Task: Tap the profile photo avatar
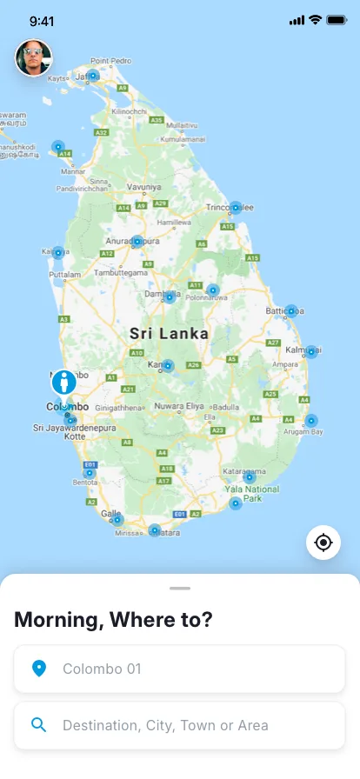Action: (x=33, y=58)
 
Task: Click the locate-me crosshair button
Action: (x=323, y=543)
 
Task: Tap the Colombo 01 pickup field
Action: (x=180, y=669)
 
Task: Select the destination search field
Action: (x=180, y=725)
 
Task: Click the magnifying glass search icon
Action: (x=38, y=725)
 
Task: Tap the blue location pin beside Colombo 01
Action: (x=38, y=669)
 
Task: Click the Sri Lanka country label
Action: (x=169, y=333)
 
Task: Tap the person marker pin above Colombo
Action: (x=63, y=382)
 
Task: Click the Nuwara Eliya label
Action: (x=179, y=406)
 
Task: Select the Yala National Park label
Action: (x=252, y=494)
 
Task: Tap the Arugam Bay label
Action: (x=305, y=431)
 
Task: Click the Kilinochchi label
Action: (x=135, y=111)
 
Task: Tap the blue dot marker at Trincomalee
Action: (x=236, y=208)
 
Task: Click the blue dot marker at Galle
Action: (x=117, y=520)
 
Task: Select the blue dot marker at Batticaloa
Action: (x=291, y=310)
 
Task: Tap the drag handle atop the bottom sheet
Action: (x=180, y=589)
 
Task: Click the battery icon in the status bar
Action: (x=337, y=20)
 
